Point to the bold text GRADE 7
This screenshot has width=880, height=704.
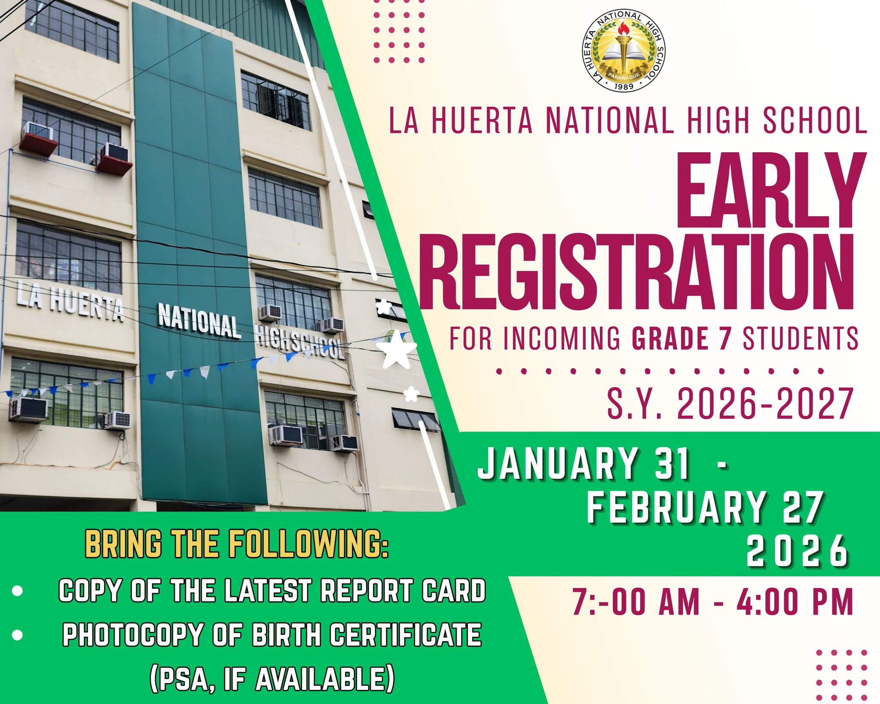pyautogui.click(x=681, y=338)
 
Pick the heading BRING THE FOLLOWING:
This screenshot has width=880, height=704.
pyautogui.click(x=237, y=544)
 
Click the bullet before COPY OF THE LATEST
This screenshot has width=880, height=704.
pyautogui.click(x=17, y=591)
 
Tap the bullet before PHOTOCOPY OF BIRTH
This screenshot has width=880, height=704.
pyautogui.click(x=17, y=635)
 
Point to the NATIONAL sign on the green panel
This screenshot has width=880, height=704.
pyautogui.click(x=199, y=321)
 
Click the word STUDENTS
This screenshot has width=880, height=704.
pyautogui.click(x=801, y=338)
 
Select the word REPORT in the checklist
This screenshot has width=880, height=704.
pyautogui.click(x=367, y=591)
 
